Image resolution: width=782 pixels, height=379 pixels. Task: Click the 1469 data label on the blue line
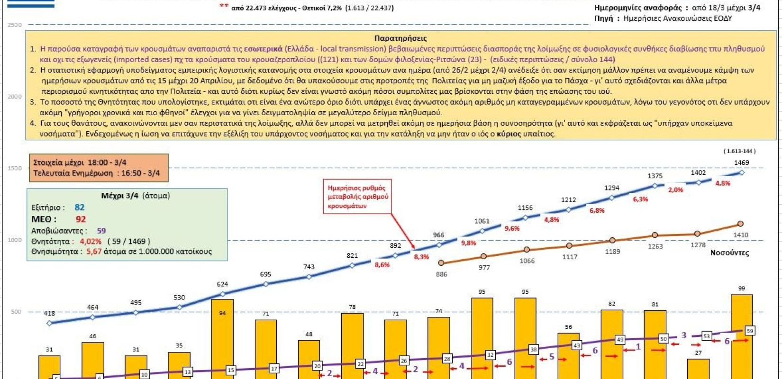coord(741,162)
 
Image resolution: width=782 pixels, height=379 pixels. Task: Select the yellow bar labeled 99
coord(742,336)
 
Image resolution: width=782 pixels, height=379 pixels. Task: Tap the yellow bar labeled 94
coord(222,339)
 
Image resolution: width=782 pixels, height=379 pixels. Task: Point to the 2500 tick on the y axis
coord(15,25)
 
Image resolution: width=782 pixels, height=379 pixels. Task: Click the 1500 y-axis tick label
coord(15,168)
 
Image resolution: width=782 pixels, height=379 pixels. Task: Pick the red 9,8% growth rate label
coord(468,243)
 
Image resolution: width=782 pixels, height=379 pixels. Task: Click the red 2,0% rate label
coord(675,189)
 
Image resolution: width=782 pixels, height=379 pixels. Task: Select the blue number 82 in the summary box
coord(79,208)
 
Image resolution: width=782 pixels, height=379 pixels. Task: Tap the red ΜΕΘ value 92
coord(81,219)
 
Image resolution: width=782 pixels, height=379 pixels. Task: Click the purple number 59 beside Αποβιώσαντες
coord(101,231)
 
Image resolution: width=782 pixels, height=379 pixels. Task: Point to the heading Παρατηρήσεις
coord(400,38)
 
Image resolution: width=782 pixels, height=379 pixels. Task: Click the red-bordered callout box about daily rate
coord(358,197)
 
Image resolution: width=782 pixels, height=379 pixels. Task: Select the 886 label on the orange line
coord(441,274)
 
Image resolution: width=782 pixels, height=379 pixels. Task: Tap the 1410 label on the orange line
coord(741,235)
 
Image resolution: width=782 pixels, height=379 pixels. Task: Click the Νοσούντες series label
coord(729,253)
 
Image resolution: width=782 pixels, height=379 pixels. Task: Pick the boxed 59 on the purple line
coord(749,331)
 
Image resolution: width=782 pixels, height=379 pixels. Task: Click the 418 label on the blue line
coord(49,313)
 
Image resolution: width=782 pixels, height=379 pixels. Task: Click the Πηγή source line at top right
coord(663,18)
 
